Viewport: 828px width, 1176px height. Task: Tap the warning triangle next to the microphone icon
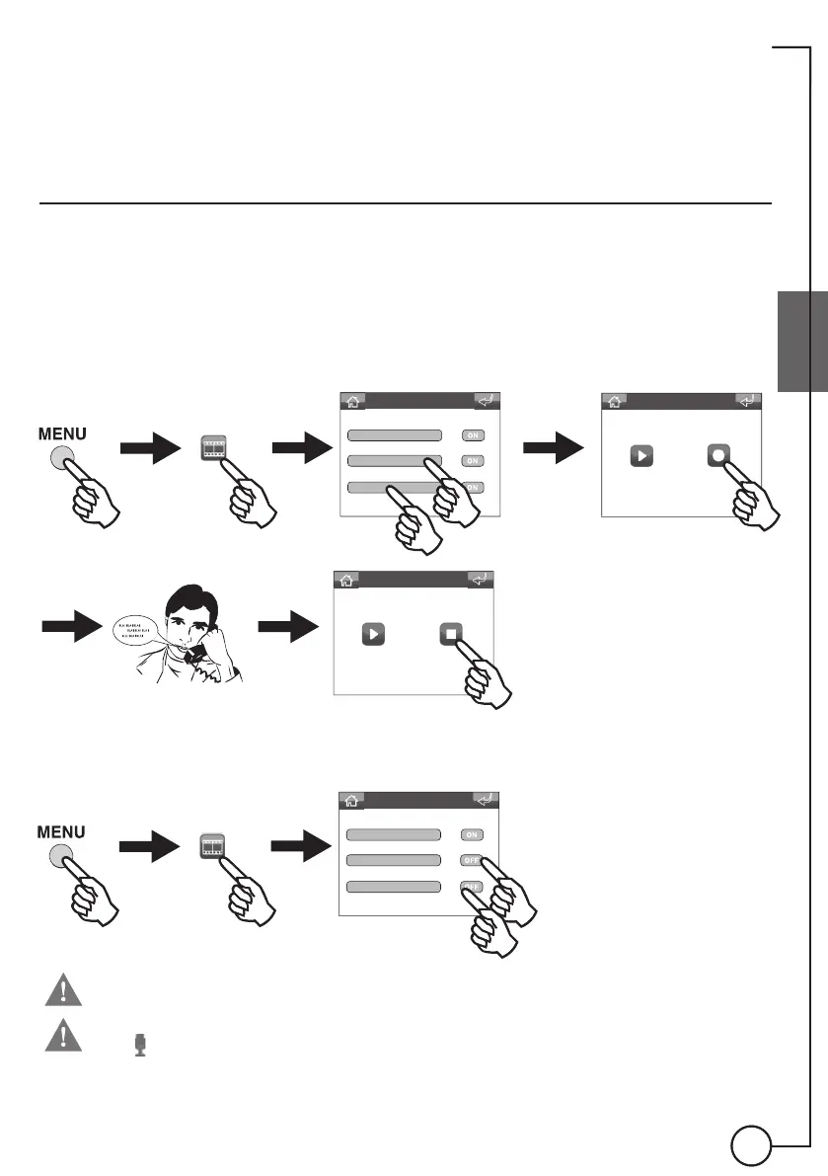[x=60, y=1035]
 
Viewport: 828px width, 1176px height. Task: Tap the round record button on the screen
[x=717, y=456]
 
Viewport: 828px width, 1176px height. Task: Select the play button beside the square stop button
[x=372, y=634]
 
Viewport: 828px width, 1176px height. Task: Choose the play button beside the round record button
[x=640, y=456]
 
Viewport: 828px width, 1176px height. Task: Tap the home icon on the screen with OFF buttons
[x=352, y=802]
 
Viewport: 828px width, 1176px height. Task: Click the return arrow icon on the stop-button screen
[x=480, y=581]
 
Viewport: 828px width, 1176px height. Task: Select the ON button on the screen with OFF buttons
[x=472, y=834]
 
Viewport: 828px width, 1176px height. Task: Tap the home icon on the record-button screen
[x=614, y=402]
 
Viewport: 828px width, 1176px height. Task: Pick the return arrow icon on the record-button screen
[x=748, y=402]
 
